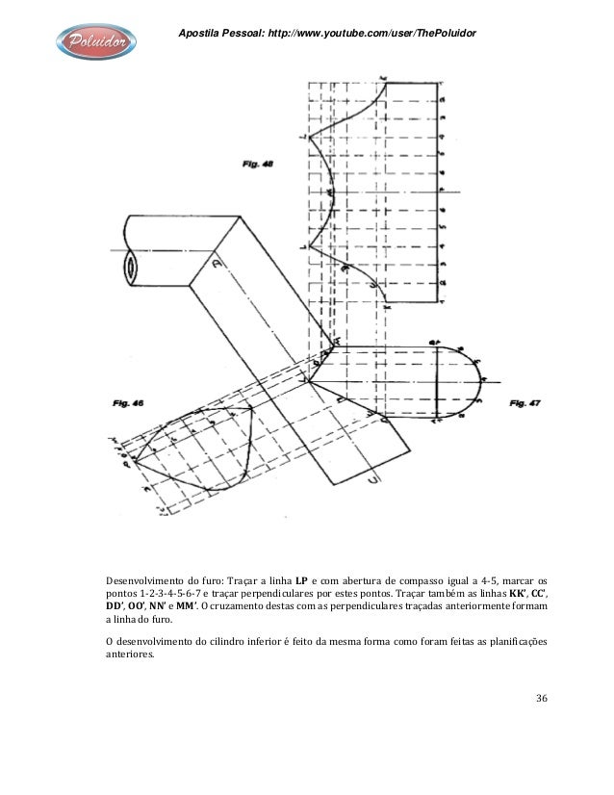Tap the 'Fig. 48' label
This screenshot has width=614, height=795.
[255, 164]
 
